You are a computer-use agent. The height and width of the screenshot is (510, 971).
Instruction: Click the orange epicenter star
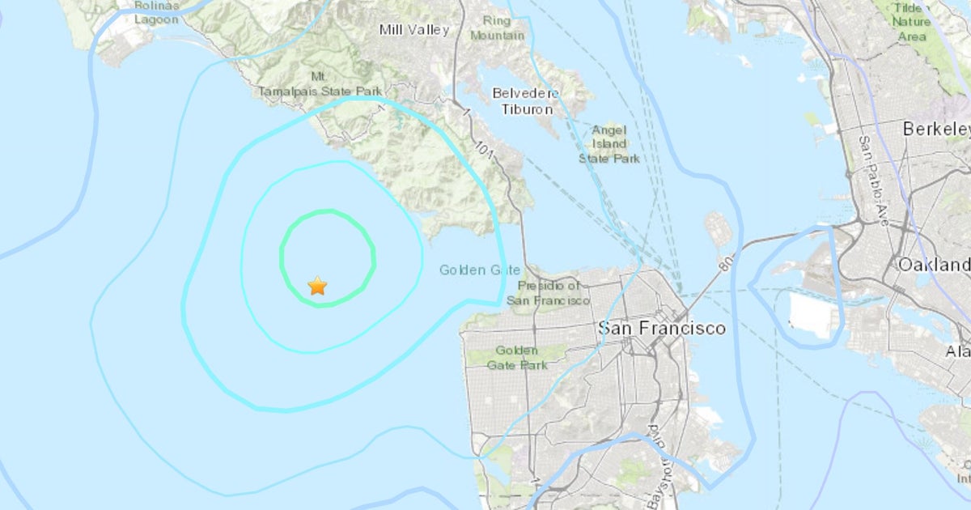(x=317, y=286)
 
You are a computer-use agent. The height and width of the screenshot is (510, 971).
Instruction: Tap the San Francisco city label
(x=661, y=328)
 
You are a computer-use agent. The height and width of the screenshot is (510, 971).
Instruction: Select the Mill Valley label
(x=413, y=30)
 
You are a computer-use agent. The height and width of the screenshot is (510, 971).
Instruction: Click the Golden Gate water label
(x=480, y=270)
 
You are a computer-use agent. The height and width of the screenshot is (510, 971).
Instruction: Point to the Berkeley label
(x=935, y=129)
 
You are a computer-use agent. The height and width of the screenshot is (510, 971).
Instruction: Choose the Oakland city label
(x=934, y=265)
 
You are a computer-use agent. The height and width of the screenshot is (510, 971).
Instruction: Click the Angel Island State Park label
(x=608, y=143)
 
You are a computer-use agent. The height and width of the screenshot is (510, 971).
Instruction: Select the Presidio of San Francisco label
(x=549, y=292)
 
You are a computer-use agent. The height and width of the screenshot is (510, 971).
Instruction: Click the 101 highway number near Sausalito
(x=484, y=150)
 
